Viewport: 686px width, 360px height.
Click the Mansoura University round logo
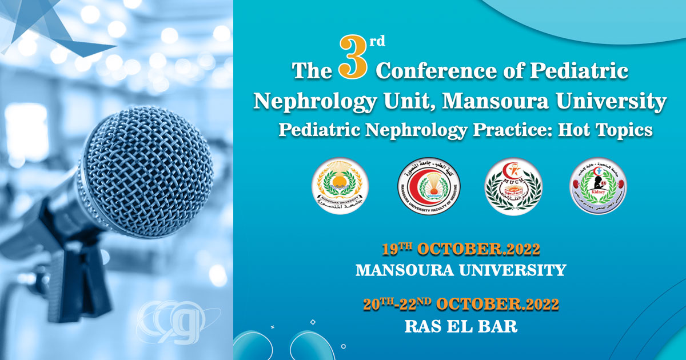click(x=340, y=185)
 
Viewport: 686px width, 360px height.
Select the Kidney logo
click(x=598, y=185)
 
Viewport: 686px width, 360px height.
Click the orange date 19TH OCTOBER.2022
click(x=461, y=250)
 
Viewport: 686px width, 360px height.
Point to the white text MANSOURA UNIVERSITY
click(x=461, y=270)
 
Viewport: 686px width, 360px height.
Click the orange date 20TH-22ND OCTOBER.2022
click(x=461, y=305)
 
